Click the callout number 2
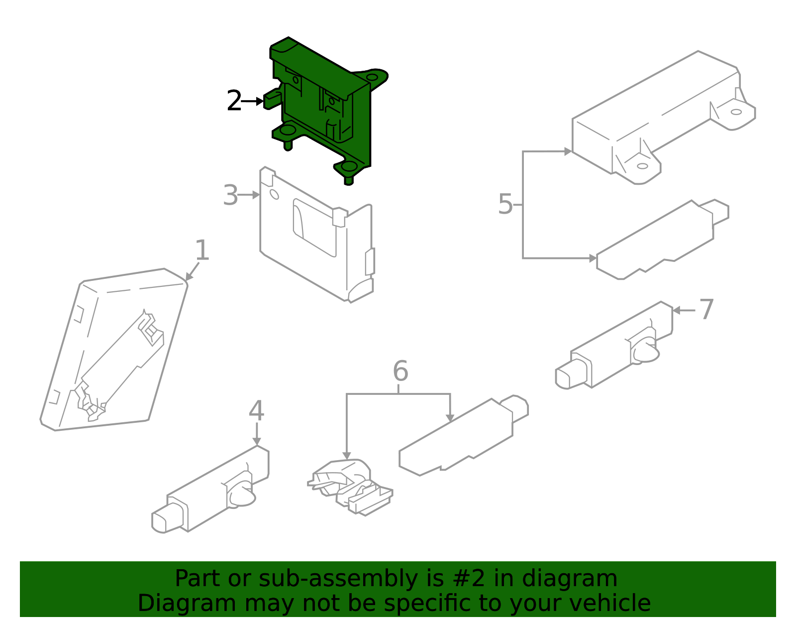(x=234, y=101)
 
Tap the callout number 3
(x=230, y=195)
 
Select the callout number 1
(x=201, y=250)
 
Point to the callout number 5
(x=505, y=204)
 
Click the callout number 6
(x=400, y=371)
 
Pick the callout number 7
(x=706, y=309)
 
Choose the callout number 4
(x=256, y=411)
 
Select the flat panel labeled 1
(x=114, y=349)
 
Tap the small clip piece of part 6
(x=348, y=486)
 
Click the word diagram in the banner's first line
(x=580, y=579)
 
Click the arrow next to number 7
(x=684, y=310)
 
